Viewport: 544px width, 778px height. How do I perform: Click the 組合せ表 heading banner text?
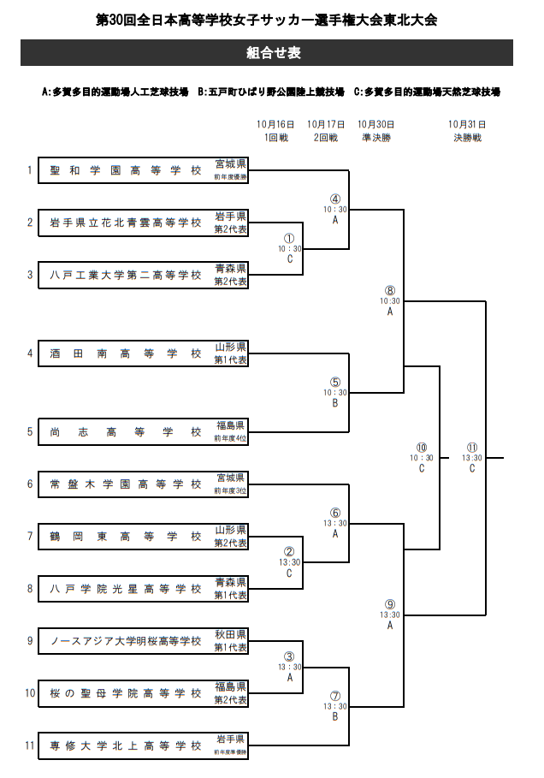tap(273, 53)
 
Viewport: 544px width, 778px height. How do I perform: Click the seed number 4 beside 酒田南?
tap(29, 353)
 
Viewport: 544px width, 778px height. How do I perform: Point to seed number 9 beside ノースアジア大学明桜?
tap(29, 641)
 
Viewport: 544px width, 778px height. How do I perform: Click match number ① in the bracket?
tap(289, 239)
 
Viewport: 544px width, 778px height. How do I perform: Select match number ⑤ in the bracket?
tap(335, 382)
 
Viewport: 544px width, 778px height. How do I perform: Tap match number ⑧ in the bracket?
tap(390, 291)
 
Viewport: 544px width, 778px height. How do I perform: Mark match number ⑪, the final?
tap(471, 448)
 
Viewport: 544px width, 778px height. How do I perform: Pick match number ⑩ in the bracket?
tap(422, 448)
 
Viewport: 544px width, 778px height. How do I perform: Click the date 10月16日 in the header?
tap(275, 124)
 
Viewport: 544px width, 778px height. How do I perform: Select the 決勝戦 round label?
tap(467, 137)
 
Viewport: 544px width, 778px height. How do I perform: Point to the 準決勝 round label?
tap(375, 137)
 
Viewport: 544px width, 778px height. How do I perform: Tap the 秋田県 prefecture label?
tap(230, 634)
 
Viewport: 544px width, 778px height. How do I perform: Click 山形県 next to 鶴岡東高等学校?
tap(230, 530)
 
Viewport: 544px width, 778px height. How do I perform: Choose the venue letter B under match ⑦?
tap(335, 717)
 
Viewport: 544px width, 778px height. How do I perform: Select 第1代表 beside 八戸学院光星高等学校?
tap(230, 595)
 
